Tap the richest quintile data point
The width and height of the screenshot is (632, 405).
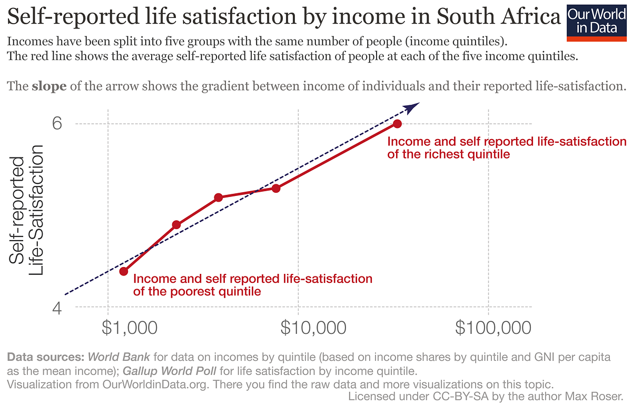(x=397, y=124)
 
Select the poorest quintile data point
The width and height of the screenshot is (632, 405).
(x=124, y=271)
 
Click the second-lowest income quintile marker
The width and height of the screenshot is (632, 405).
(x=176, y=225)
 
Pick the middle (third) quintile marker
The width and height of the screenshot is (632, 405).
(x=218, y=197)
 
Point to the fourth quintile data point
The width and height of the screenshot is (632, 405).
(x=275, y=188)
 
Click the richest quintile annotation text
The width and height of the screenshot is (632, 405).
(x=507, y=148)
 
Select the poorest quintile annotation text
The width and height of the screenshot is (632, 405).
(x=253, y=284)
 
